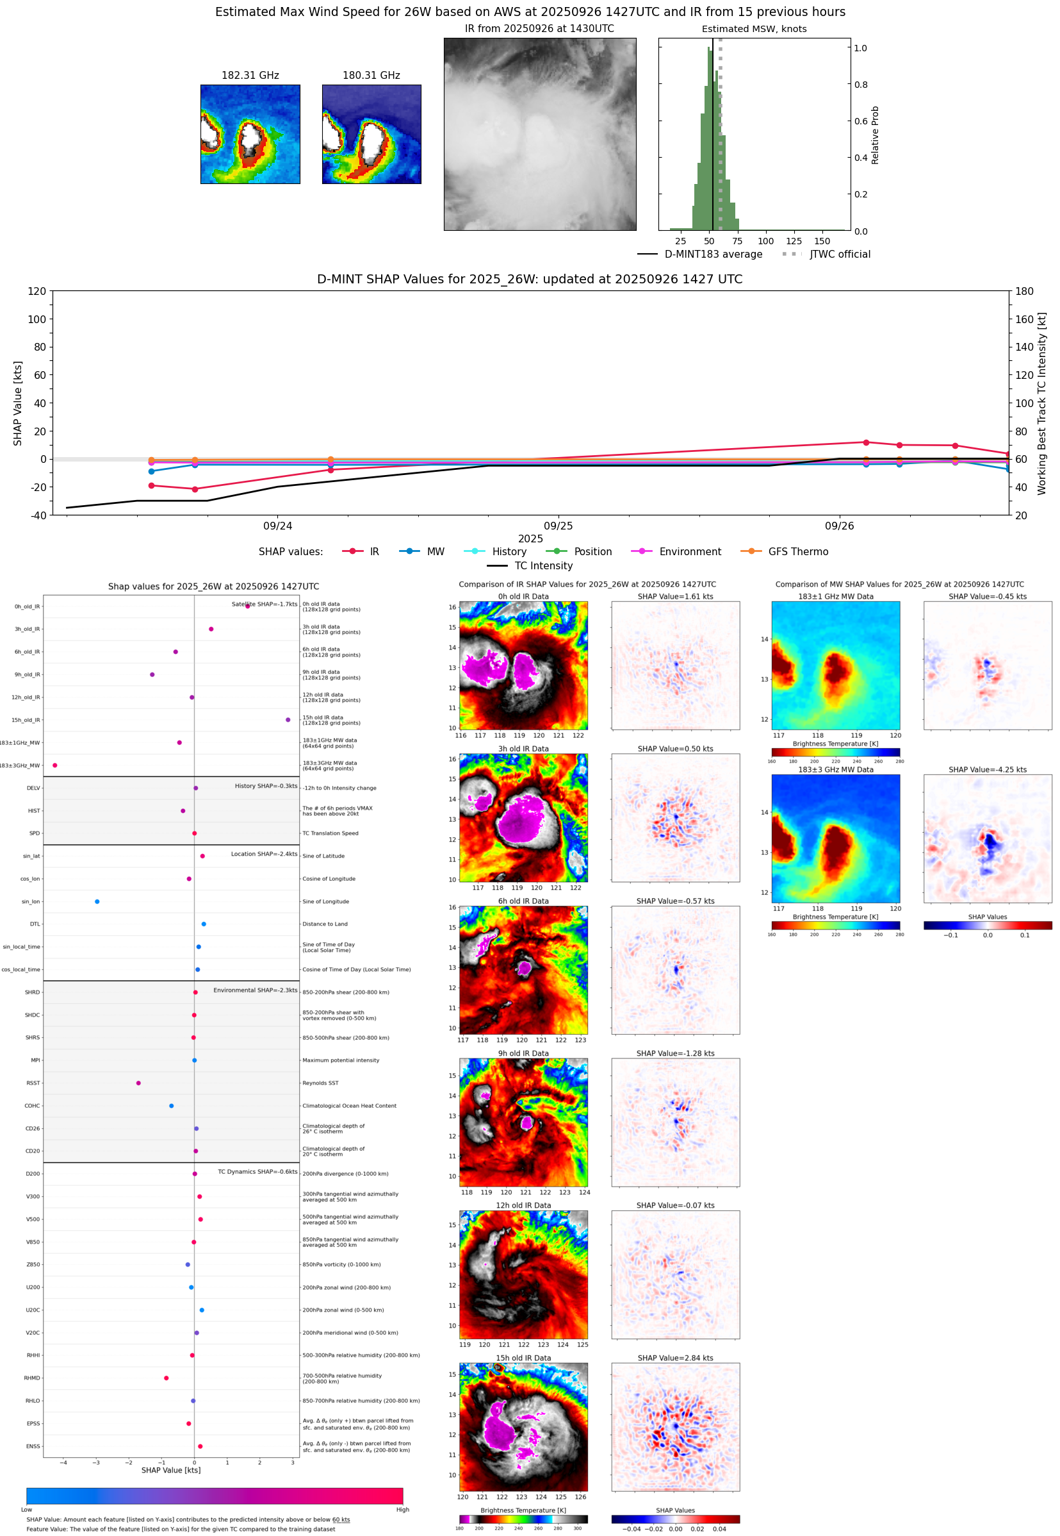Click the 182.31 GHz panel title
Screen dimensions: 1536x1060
click(x=250, y=75)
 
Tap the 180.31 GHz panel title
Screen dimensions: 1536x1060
click(x=371, y=75)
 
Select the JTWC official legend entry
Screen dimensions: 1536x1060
click(x=840, y=254)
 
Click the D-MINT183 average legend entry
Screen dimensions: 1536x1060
click(x=713, y=254)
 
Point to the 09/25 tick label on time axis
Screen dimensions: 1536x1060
click(x=558, y=526)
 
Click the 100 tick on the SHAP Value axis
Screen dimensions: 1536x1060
click(x=37, y=319)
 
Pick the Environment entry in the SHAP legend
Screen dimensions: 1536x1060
click(x=689, y=552)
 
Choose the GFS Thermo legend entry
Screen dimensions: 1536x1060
click(x=797, y=552)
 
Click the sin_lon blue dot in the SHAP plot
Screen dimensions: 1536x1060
click(x=97, y=901)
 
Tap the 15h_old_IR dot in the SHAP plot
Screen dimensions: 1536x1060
click(x=288, y=720)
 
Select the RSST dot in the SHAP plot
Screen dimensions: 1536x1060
click(x=138, y=1083)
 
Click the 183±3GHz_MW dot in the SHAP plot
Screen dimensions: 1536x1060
click(x=54, y=765)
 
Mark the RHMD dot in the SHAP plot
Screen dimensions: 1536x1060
click(x=166, y=1378)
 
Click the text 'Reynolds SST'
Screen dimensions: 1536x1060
click(x=320, y=1083)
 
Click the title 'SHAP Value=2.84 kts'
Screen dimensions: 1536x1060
click(x=675, y=1358)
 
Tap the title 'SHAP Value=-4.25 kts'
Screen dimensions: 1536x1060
click(x=987, y=770)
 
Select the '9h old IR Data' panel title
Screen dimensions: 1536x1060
click(x=523, y=1053)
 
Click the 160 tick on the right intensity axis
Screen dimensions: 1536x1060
click(x=1024, y=319)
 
